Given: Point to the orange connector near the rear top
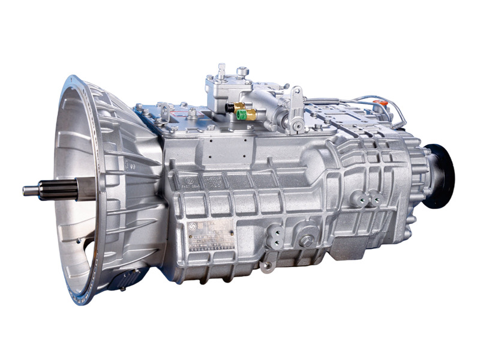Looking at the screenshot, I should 379,104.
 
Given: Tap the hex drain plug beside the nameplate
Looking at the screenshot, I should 306,241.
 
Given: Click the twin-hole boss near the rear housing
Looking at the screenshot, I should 366,198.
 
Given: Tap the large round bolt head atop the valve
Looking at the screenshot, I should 242,72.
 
